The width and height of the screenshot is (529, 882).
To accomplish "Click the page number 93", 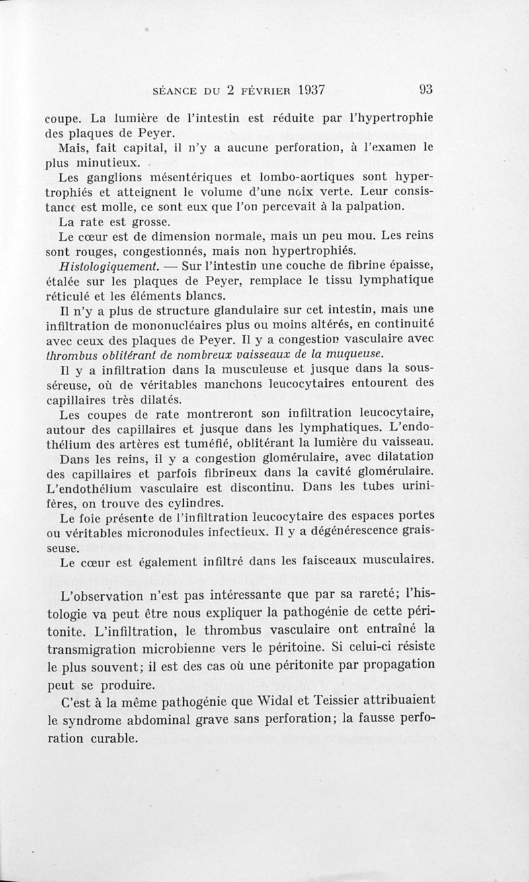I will click(425, 89).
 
